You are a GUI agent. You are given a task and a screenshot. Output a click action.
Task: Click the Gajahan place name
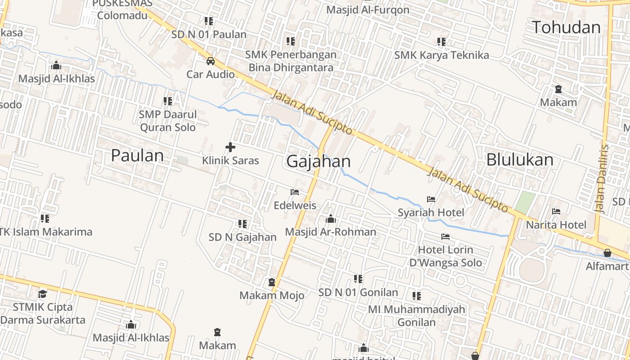(318, 161)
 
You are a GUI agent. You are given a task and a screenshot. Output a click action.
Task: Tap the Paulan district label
(137, 156)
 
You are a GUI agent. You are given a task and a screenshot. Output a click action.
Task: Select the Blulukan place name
(520, 160)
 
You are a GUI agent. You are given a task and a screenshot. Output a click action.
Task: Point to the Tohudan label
(566, 27)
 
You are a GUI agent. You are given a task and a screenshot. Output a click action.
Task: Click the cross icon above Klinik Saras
(230, 147)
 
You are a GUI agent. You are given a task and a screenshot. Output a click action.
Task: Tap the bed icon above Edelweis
(295, 192)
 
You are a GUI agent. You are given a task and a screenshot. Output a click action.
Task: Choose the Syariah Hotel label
(431, 212)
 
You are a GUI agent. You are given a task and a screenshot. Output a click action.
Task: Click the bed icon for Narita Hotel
(556, 211)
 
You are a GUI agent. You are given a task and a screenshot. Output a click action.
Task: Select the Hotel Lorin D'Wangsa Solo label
(445, 256)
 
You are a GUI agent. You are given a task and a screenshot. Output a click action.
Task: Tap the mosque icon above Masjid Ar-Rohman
(331, 219)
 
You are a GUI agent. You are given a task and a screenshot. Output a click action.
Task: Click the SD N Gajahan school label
(243, 237)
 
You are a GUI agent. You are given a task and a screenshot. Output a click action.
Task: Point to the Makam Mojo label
(272, 296)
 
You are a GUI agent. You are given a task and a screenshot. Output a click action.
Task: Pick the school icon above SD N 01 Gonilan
(358, 279)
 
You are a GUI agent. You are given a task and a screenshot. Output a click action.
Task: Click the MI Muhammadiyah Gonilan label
(416, 315)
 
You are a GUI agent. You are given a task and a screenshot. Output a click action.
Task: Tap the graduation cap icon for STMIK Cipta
(42, 294)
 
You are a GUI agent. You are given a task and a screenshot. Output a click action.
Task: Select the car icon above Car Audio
(210, 61)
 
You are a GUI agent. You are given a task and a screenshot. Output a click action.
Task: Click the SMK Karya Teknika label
(441, 55)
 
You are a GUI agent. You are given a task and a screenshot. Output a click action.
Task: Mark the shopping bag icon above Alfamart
(607, 253)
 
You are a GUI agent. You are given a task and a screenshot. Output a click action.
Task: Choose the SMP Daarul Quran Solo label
(168, 121)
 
